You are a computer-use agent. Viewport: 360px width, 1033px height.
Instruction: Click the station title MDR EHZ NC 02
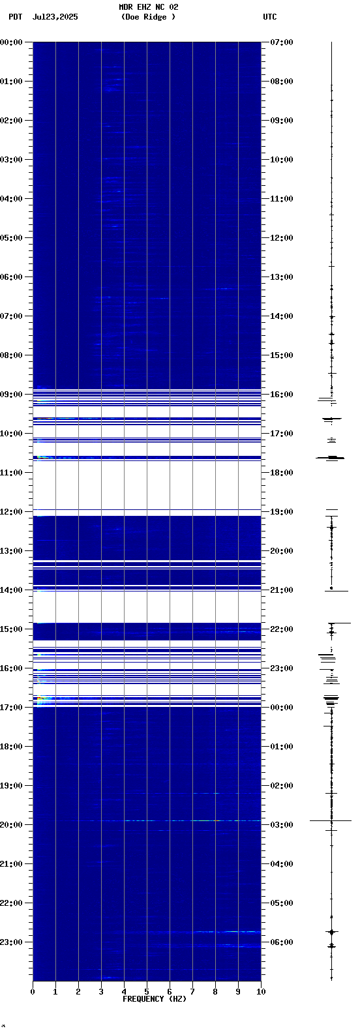pos(149,7)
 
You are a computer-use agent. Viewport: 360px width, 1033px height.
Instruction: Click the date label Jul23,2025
pos(55,17)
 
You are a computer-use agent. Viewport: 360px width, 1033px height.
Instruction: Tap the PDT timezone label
pos(16,17)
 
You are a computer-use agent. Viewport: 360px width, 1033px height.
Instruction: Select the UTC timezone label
pos(270,17)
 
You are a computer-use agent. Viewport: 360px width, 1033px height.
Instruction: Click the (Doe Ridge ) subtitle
pos(148,17)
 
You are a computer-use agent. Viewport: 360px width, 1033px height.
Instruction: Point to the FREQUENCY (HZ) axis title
pos(155,999)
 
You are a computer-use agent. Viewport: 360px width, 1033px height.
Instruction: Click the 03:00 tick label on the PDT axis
pos(12,160)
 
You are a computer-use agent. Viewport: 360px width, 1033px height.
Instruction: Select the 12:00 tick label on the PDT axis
pos(12,512)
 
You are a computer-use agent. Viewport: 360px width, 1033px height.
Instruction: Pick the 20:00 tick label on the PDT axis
pos(12,825)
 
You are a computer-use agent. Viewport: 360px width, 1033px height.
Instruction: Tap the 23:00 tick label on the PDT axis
pos(12,942)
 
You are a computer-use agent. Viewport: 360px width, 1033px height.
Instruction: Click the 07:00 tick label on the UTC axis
pos(282,42)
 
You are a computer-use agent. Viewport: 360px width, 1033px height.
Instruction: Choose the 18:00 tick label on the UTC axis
pos(282,473)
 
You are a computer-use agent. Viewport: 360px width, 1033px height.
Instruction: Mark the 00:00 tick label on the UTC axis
pos(282,708)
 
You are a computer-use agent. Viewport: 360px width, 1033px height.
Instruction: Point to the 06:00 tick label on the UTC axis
pos(282,942)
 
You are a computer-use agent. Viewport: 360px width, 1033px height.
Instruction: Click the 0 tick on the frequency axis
pos(33,992)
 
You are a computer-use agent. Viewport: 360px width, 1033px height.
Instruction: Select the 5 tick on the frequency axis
pos(147,992)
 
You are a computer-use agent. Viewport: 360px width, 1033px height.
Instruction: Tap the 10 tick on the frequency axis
pos(261,992)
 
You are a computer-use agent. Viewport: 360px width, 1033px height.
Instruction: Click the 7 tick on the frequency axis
pos(192,992)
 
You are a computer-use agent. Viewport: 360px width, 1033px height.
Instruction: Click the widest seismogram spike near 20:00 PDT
pos(331,820)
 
